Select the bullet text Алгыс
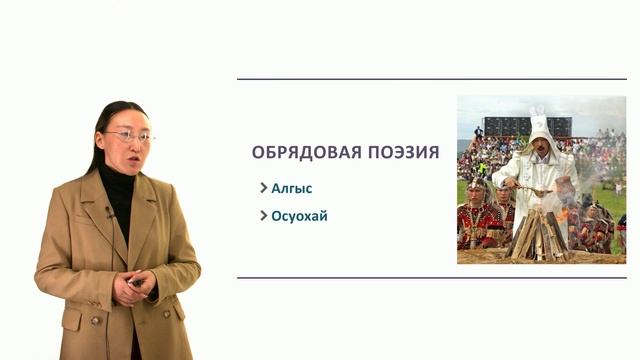point(291,187)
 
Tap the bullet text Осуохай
point(300,215)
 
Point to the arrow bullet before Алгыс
point(263,187)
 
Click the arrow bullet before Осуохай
point(263,215)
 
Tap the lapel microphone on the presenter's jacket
point(110,212)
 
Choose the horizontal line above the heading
point(431,79)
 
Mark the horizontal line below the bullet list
point(431,277)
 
